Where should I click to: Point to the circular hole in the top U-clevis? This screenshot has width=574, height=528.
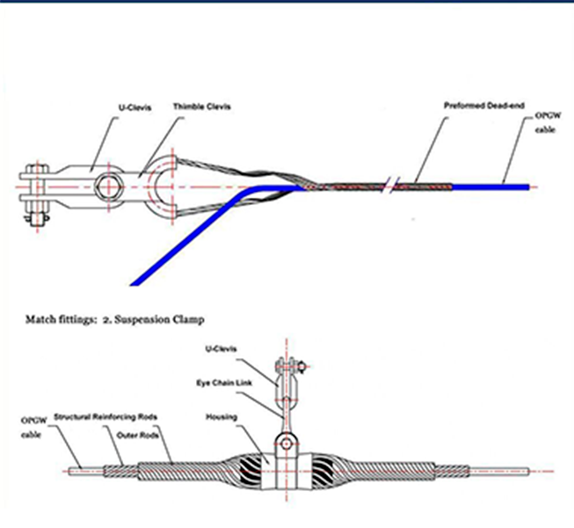(x=110, y=187)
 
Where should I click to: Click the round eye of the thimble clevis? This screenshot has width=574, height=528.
(x=164, y=186)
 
